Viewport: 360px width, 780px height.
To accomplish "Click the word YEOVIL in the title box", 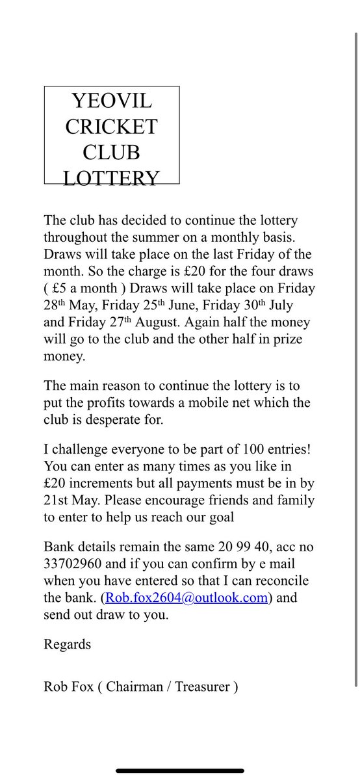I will pos(111,101).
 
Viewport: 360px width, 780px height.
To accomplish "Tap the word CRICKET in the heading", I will pos(111,127).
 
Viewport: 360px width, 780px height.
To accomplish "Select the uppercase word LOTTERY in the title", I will pos(111,177).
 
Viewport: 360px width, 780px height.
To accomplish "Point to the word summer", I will pos(198,238).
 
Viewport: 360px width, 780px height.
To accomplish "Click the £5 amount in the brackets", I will pos(67,289).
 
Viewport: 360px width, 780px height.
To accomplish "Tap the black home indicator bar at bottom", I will pos(180,770).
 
